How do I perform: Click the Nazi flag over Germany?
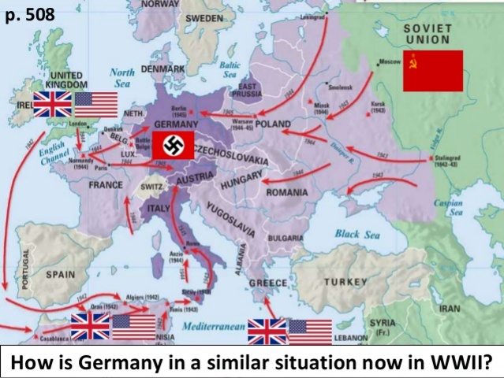(173, 145)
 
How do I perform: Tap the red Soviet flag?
(432, 71)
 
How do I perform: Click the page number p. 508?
(28, 15)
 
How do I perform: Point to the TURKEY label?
(345, 282)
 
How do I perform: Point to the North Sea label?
(125, 76)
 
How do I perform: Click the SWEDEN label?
(203, 17)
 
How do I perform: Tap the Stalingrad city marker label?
(450, 159)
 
